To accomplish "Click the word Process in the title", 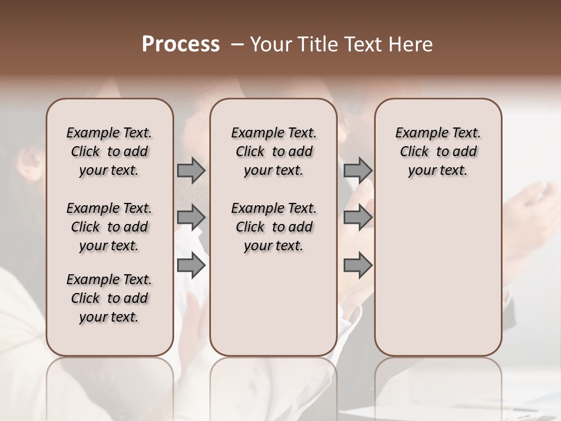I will [181, 44].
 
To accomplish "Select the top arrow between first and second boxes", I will [191, 171].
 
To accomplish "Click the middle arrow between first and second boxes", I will [191, 218].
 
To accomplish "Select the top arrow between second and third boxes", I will [358, 171].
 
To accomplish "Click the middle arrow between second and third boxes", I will [358, 218].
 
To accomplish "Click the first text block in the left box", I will [109, 151].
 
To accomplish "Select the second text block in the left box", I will [109, 227].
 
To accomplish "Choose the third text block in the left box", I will [109, 298].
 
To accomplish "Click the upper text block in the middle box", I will [273, 151].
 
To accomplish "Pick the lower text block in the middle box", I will [273, 227].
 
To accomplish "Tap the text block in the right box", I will [438, 151].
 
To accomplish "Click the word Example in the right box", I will [421, 133].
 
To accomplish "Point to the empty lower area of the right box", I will [438, 275].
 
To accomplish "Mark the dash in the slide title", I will [238, 44].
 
